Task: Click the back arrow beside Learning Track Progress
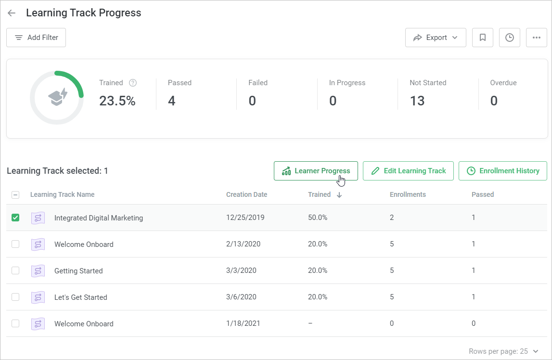(12, 13)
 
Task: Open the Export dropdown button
(436, 38)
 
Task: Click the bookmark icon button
(483, 38)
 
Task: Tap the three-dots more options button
(537, 38)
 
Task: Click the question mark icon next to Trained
(133, 83)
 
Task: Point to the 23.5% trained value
(117, 101)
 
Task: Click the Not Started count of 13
(417, 101)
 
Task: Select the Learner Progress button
(316, 171)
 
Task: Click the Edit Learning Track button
(408, 171)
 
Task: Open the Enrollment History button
(503, 171)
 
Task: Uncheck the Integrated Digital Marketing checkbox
(15, 218)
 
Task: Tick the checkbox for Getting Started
(15, 270)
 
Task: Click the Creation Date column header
(246, 194)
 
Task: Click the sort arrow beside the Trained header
(339, 195)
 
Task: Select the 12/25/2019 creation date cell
(245, 218)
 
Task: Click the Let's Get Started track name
(81, 297)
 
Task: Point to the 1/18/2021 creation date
(243, 323)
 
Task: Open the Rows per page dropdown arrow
(536, 351)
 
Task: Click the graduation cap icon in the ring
(57, 98)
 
